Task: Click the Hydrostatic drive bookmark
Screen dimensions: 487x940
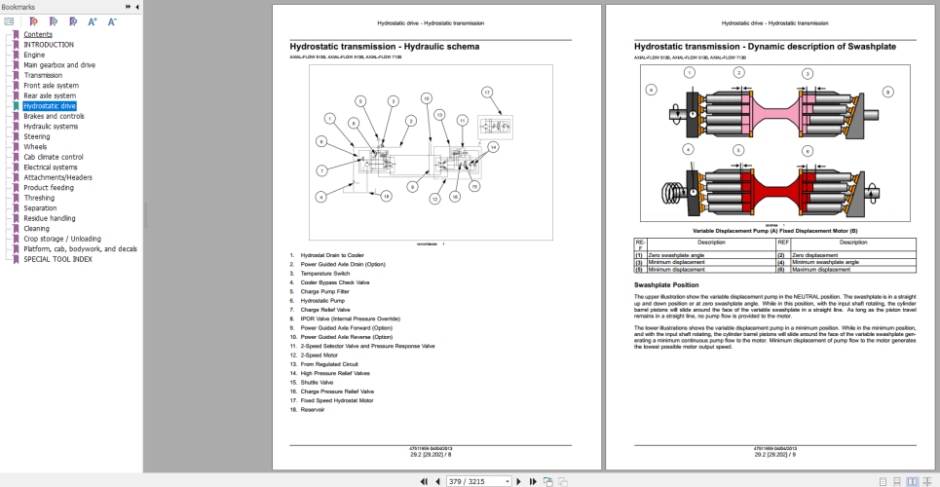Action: [50, 105]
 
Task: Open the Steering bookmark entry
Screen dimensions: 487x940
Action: [37, 136]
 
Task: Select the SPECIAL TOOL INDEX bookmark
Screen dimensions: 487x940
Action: [57, 259]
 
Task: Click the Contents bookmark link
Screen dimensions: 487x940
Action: [38, 34]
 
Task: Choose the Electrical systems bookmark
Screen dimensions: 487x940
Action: [51, 167]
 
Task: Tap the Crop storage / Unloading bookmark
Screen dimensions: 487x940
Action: [62, 239]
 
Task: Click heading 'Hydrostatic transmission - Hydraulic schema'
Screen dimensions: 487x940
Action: [384, 46]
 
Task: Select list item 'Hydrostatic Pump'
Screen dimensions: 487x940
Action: [322, 300]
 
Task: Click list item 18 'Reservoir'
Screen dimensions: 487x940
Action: [315, 409]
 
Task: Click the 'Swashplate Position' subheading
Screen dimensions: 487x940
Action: [665, 284]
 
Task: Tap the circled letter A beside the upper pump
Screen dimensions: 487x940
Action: [651, 90]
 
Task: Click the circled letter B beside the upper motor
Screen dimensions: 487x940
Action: [887, 92]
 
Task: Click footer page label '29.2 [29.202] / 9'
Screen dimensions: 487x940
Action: [774, 454]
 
